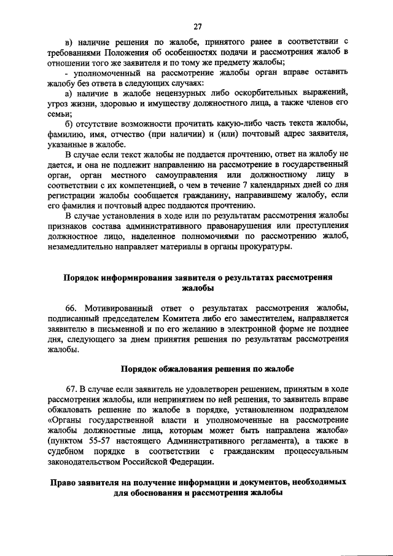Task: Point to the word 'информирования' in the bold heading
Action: click(x=136, y=277)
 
